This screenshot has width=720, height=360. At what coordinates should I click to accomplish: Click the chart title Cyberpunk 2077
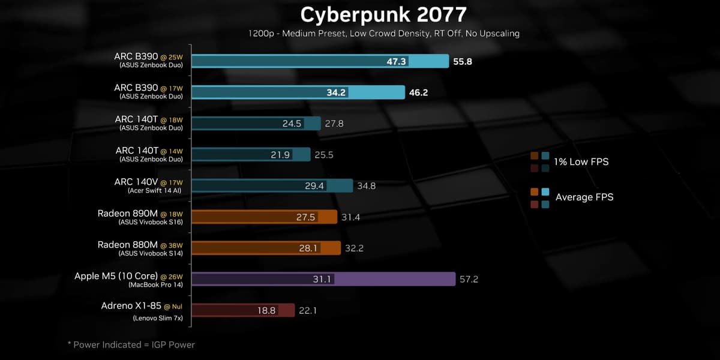click(383, 14)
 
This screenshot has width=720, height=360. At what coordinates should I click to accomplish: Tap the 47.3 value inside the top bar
click(397, 61)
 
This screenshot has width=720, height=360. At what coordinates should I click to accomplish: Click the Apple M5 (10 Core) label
click(114, 276)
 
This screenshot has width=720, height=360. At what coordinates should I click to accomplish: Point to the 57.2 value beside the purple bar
click(468, 279)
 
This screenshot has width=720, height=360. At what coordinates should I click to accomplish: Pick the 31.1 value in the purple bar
click(322, 279)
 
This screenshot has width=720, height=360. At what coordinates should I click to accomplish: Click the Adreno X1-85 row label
click(131, 307)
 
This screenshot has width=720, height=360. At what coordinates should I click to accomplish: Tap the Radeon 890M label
click(127, 213)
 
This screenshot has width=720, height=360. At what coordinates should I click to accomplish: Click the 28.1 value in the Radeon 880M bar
click(308, 248)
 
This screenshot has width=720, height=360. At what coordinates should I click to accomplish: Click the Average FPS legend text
click(584, 197)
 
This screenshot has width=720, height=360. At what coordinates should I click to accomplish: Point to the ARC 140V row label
click(136, 181)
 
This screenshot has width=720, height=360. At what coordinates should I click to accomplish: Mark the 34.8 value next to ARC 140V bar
click(366, 186)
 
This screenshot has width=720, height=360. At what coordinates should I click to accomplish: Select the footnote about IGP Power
click(131, 344)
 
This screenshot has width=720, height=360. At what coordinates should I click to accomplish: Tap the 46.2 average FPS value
click(418, 92)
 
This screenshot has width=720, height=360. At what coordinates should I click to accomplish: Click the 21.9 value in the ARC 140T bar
click(280, 155)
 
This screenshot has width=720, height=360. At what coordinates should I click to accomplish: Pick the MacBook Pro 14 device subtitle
click(155, 284)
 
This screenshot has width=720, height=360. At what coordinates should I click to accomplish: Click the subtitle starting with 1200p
click(384, 34)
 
